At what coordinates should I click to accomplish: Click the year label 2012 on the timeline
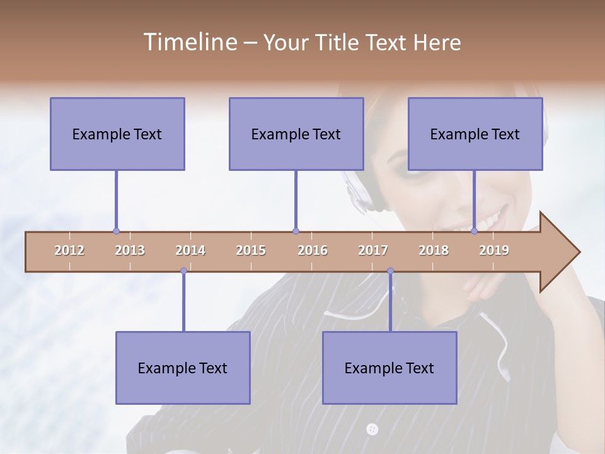pyautogui.click(x=69, y=250)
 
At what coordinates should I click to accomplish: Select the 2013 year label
pyautogui.click(x=130, y=250)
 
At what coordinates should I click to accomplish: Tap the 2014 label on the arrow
pyautogui.click(x=190, y=250)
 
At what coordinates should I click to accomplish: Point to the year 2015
pyautogui.click(x=251, y=250)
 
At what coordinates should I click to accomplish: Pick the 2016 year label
pyautogui.click(x=313, y=250)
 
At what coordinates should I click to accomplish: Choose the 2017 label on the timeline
pyautogui.click(x=373, y=250)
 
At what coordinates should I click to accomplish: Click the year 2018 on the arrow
pyautogui.click(x=434, y=250)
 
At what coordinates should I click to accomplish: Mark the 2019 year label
pyautogui.click(x=494, y=250)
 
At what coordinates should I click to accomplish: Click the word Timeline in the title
pyautogui.click(x=189, y=42)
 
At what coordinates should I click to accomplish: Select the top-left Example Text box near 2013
pyautogui.click(x=117, y=134)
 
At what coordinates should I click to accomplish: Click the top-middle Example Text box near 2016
pyautogui.click(x=296, y=134)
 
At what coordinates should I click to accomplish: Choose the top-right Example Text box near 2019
pyautogui.click(x=475, y=134)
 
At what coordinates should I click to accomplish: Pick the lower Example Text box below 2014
pyautogui.click(x=183, y=368)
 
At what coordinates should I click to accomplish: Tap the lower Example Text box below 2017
pyautogui.click(x=389, y=368)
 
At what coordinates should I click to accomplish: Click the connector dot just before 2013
pyautogui.click(x=116, y=231)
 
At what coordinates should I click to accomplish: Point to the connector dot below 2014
pyautogui.click(x=183, y=271)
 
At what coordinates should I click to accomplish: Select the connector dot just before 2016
pyautogui.click(x=296, y=231)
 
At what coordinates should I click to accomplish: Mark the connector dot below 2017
pyautogui.click(x=390, y=271)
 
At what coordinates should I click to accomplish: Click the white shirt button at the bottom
pyautogui.click(x=372, y=429)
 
